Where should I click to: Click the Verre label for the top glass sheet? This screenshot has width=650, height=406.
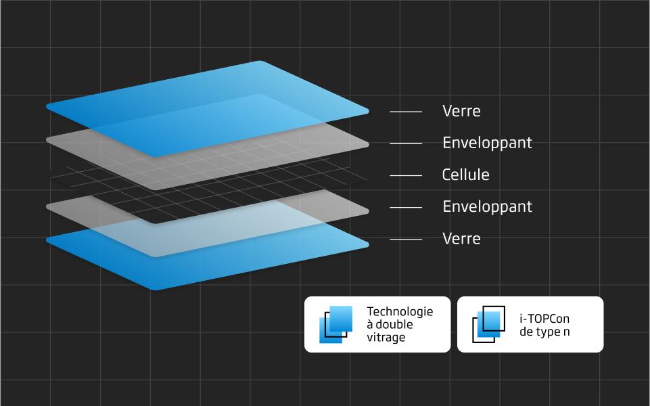tap(461, 111)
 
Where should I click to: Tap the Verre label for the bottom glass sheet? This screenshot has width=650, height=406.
tap(461, 239)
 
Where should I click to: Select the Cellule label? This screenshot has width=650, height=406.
tap(465, 175)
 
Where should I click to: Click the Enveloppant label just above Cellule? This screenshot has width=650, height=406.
tap(487, 143)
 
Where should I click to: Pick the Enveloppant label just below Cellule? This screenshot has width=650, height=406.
tap(487, 207)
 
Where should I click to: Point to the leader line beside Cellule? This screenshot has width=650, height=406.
tap(406, 175)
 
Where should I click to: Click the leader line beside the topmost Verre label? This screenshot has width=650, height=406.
tap(406, 112)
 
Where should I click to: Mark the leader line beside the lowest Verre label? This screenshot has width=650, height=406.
tap(406, 240)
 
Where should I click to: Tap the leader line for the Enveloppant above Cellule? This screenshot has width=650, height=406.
tap(406, 143)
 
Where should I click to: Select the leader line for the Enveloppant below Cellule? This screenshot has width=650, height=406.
tap(406, 207)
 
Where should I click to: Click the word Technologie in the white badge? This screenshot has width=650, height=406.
tap(400, 312)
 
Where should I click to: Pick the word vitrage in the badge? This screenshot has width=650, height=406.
tap(386, 338)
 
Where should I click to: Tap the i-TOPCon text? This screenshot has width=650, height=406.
tap(544, 319)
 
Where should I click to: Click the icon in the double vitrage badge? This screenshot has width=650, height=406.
tap(335, 324)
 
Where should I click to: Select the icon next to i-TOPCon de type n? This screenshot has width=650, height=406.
tap(489, 324)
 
